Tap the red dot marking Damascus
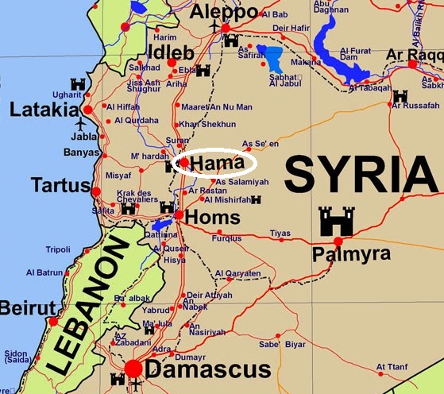coord(133,369)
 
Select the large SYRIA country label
coord(362,173)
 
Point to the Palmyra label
coord(351,254)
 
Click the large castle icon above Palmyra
coord(336,221)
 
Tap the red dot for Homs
coord(180,214)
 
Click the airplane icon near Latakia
coord(79,125)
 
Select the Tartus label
coord(60,185)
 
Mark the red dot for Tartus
coord(96,191)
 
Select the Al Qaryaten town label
coord(237,273)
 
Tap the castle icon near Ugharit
coord(78,84)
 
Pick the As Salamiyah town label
coord(242,182)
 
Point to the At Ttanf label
coord(392,367)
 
